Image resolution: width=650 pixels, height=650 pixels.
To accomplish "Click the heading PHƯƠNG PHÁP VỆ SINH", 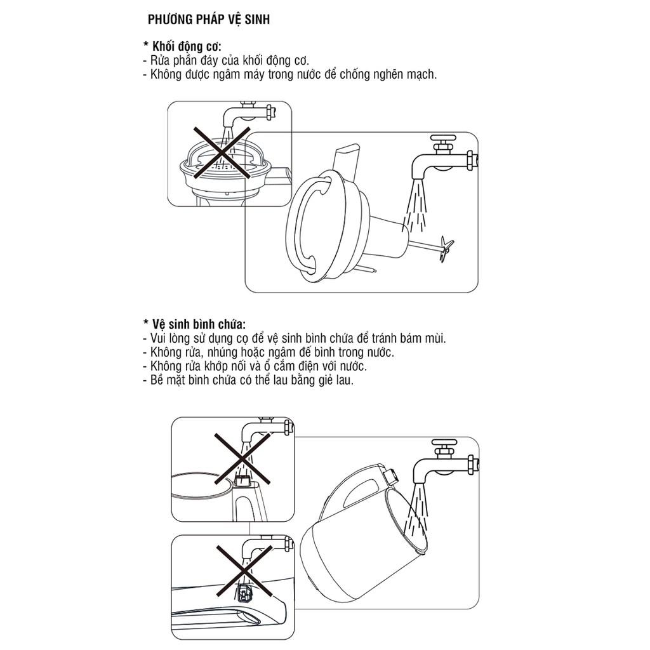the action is pos(208,20).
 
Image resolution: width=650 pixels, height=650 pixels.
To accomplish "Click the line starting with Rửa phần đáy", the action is pos(226,60).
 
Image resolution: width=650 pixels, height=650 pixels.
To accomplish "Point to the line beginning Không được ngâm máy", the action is pos(289,75).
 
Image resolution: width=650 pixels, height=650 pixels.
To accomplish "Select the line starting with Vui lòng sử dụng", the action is pos(295,338).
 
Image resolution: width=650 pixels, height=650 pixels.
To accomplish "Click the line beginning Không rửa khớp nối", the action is pos(255,366).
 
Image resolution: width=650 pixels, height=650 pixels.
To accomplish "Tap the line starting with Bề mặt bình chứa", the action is pos(248,380).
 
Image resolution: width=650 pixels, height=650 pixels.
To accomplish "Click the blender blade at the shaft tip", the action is pos(446,249).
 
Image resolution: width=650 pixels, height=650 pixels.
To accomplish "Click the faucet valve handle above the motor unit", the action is pos(443,138).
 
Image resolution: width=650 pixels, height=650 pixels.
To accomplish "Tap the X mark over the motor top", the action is pos(222,152).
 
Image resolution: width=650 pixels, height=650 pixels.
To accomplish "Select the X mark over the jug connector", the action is pos(242,459).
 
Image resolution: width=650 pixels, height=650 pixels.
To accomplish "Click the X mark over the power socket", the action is pos(244,571).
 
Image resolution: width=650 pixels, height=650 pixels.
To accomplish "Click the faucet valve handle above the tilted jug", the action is pos(444,443).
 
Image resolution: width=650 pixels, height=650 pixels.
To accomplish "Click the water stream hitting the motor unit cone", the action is pos(415,208).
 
